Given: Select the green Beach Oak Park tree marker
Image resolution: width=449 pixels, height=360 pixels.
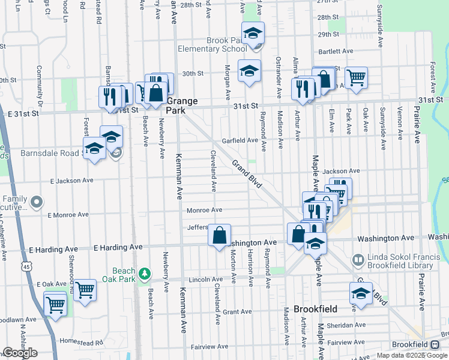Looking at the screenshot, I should [x=144, y=274].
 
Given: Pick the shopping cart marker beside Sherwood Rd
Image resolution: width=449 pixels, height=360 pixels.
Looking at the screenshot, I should [x=85, y=290].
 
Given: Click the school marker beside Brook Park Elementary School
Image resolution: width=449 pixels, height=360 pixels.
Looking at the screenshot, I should [x=253, y=32].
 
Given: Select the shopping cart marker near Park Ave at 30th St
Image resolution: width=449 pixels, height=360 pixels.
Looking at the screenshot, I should [x=356, y=77].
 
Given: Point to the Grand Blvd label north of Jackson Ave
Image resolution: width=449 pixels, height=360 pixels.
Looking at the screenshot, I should [x=247, y=174].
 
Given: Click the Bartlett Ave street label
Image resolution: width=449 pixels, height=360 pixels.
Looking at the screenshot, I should [x=340, y=52].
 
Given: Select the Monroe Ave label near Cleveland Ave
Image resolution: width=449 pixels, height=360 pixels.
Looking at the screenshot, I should [x=204, y=210].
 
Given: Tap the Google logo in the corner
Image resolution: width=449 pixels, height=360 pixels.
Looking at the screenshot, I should [x=20, y=353].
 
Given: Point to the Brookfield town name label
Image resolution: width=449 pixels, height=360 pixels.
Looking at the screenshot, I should [x=315, y=309].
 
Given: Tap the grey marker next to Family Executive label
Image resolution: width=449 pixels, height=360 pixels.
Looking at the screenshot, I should [x=37, y=201].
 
